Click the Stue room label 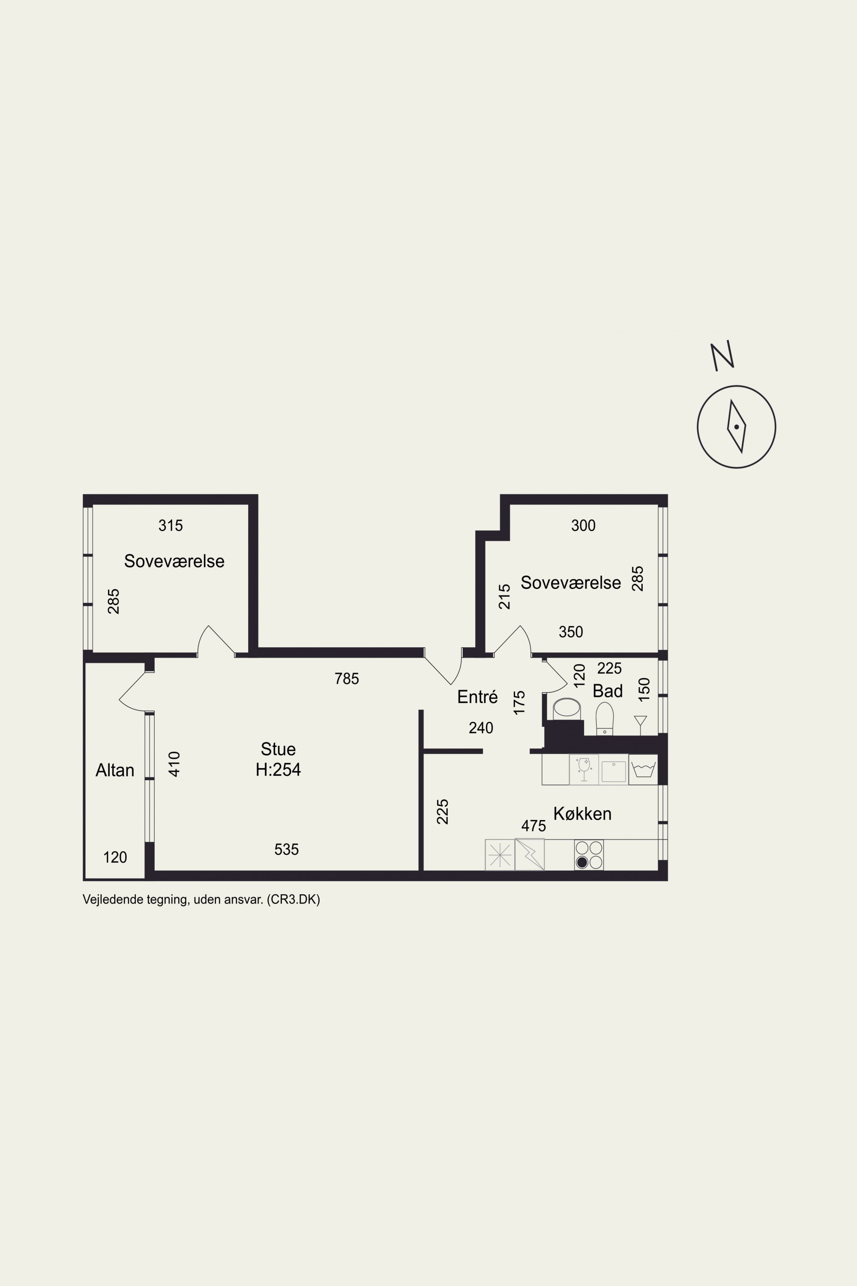click(x=278, y=748)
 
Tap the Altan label click(x=115, y=770)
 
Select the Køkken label click(x=582, y=814)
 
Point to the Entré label click(x=477, y=697)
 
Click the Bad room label click(x=608, y=691)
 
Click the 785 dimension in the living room click(x=347, y=679)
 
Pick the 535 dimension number click(x=286, y=849)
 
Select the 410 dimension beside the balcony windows click(x=174, y=764)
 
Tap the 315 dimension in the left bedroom click(x=171, y=526)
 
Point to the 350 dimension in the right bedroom click(x=571, y=632)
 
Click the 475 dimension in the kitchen click(x=533, y=826)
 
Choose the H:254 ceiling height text click(x=278, y=770)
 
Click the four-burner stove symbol click(x=589, y=855)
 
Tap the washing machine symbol click(x=643, y=770)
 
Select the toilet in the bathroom click(x=605, y=718)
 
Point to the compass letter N click(x=722, y=356)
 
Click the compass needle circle click(x=736, y=427)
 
